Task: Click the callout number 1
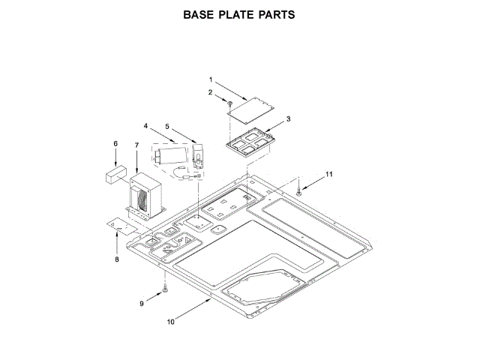pos(211,79)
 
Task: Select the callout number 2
pos(211,93)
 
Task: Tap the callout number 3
pos(289,118)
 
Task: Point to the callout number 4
pos(146,126)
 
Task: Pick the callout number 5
pos(167,126)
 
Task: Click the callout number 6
pos(115,143)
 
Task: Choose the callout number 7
pos(136,143)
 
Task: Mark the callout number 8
pos(116,259)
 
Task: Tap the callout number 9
pos(141,303)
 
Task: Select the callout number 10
pos(171,322)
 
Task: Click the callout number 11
pos(328,175)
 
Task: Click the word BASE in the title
pos(202,14)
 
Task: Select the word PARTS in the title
pos(274,14)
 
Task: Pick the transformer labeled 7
pos(144,193)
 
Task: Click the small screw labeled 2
pos(230,103)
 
